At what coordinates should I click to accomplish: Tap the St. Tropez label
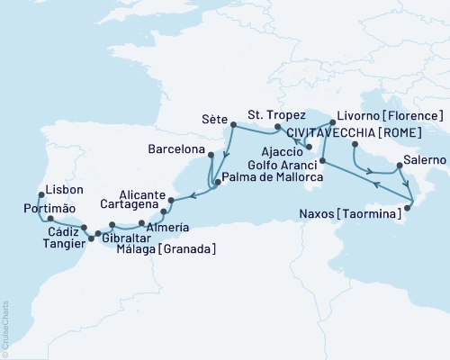[x=276, y=115]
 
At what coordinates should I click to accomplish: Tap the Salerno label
[x=425, y=159]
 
